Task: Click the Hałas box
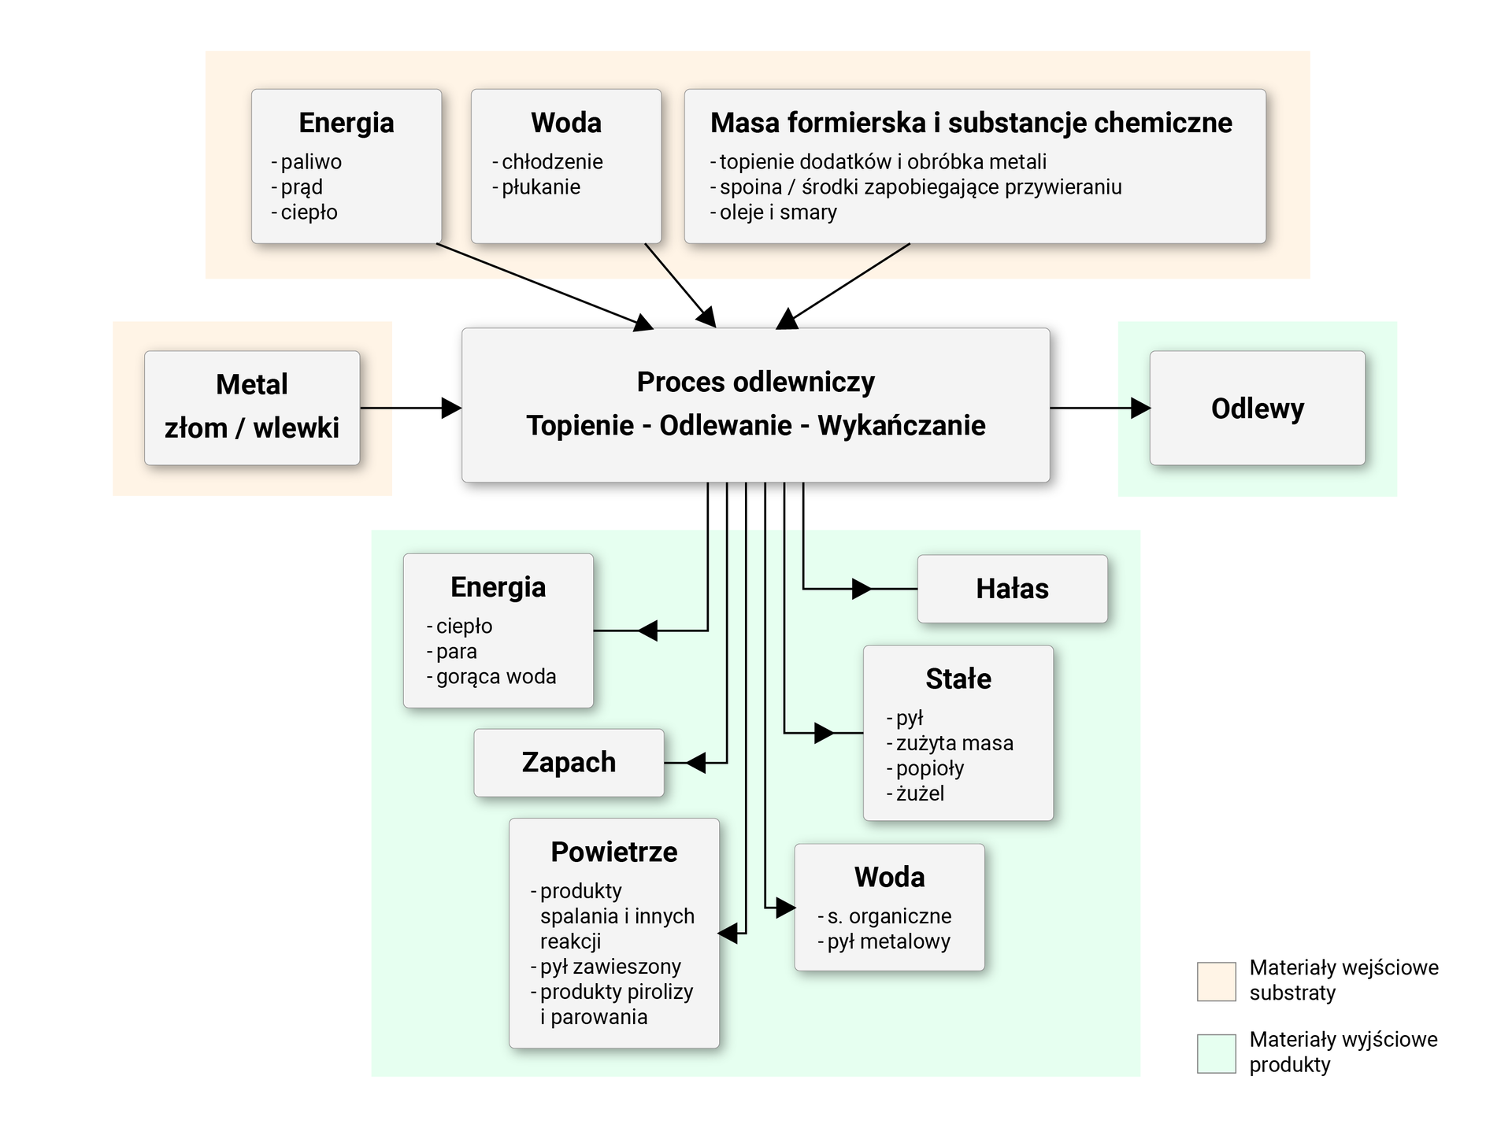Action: pos(1012,589)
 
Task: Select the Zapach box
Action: pos(569,762)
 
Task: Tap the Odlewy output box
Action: pos(1257,408)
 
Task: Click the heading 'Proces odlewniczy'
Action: pos(755,382)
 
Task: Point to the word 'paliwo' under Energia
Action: pos(311,162)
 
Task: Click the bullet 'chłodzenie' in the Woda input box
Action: pos(552,162)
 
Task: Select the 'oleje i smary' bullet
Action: pos(778,213)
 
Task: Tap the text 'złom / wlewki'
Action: pos(252,427)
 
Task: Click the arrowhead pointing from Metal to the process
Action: pos(452,408)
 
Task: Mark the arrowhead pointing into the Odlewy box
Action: pos(1140,408)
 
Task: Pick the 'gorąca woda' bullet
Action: pos(496,677)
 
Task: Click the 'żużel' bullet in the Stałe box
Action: pos(920,793)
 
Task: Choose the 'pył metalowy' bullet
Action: pos(888,941)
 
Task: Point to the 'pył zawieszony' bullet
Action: pos(610,967)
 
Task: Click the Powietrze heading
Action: pos(613,852)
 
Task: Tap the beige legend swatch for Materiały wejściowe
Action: pos(1216,981)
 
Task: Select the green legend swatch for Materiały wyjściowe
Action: pos(1216,1053)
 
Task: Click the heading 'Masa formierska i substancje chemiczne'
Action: pos(971,123)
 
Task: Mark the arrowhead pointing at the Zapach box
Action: pos(695,762)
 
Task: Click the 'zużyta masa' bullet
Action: pos(954,743)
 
